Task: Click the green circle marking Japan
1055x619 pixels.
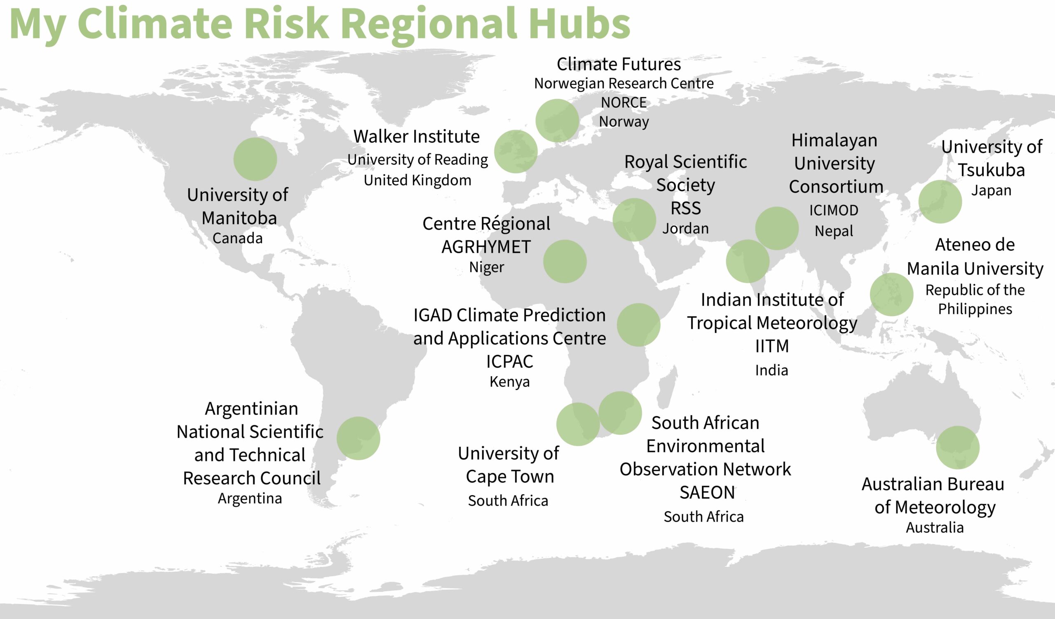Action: click(940, 202)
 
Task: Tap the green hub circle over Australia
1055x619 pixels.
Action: click(957, 447)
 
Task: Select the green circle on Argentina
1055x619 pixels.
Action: click(358, 438)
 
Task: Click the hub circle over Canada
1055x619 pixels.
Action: click(255, 159)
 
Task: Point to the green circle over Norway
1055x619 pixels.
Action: click(557, 121)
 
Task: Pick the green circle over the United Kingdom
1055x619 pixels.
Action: click(516, 152)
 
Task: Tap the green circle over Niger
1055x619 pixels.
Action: click(565, 261)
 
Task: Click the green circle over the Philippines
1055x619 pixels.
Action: click(891, 294)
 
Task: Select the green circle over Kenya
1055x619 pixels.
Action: click(638, 325)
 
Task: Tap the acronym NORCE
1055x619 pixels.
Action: click(624, 102)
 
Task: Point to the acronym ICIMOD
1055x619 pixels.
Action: click(834, 210)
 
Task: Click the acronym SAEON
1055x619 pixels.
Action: click(707, 493)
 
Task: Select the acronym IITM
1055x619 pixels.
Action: click(771, 346)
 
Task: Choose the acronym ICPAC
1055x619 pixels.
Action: click(509, 362)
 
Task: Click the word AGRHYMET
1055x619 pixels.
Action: click(486, 247)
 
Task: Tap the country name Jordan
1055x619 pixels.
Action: click(685, 228)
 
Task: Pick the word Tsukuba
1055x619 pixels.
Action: click(992, 170)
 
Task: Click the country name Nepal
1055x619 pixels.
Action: click(834, 231)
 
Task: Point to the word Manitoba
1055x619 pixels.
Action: click(239, 218)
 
